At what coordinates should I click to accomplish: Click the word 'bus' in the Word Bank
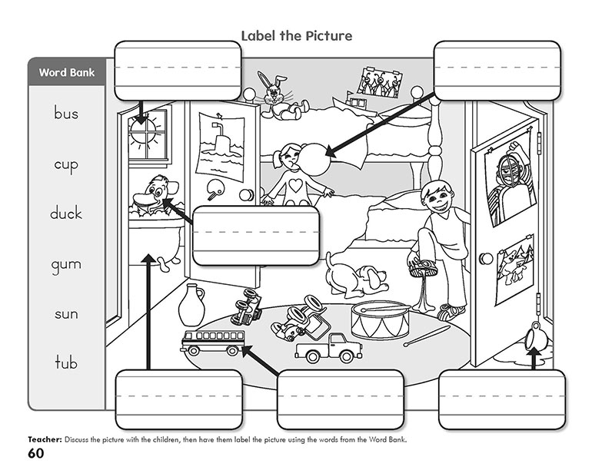tap(66, 114)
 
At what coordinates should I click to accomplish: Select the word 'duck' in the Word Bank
tap(66, 213)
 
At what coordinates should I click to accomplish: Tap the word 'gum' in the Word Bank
tap(66, 266)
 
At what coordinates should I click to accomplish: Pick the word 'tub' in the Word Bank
tap(66, 362)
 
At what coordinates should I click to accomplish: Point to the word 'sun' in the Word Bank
tap(66, 314)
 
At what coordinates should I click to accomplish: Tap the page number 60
tap(38, 454)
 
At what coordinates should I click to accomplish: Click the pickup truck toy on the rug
tap(328, 349)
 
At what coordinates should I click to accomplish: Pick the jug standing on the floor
tap(191, 306)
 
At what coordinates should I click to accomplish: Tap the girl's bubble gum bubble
tap(316, 158)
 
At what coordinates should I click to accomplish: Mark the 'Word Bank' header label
tap(66, 73)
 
